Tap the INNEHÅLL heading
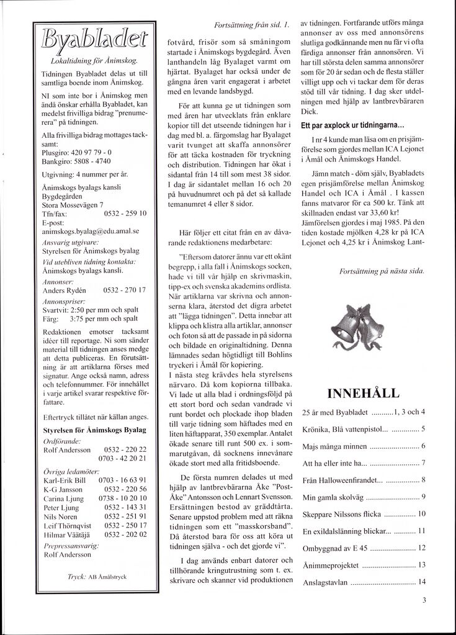tap(363, 392)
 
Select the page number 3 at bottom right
tap(424, 600)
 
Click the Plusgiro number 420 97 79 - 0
tap(91, 151)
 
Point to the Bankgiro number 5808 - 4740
tap(94, 160)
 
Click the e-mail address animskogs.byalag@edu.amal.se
tap(89, 230)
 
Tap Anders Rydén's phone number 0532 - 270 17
tap(125, 290)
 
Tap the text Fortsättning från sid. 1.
tap(251, 25)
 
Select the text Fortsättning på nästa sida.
tap(383, 271)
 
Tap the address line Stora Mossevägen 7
tap(73, 204)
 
